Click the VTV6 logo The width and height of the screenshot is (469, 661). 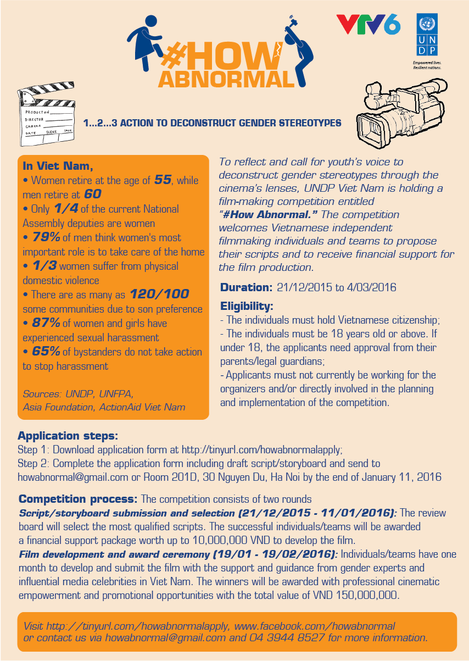pyautogui.click(x=368, y=25)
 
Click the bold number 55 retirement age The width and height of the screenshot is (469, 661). pyautogui.click(x=163, y=180)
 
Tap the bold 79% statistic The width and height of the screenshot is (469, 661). pyautogui.click(x=38, y=237)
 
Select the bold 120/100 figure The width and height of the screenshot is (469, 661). pyautogui.click(x=160, y=294)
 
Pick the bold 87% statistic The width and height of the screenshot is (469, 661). pyautogui.click(x=38, y=323)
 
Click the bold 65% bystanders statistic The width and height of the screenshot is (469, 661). pyautogui.click(x=38, y=352)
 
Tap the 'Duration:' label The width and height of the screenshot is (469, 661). pyautogui.click(x=246, y=287)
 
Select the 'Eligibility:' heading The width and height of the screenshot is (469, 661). pyautogui.click(x=247, y=306)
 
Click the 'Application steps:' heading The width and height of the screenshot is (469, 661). pyautogui.click(x=68, y=436)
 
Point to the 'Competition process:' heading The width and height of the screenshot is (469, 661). pyautogui.click(x=78, y=499)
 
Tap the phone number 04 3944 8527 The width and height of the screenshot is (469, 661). pyautogui.click(x=286, y=638)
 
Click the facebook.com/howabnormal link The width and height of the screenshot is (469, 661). pyautogui.click(x=315, y=626)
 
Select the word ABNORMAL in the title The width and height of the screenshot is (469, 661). pyautogui.click(x=226, y=79)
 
